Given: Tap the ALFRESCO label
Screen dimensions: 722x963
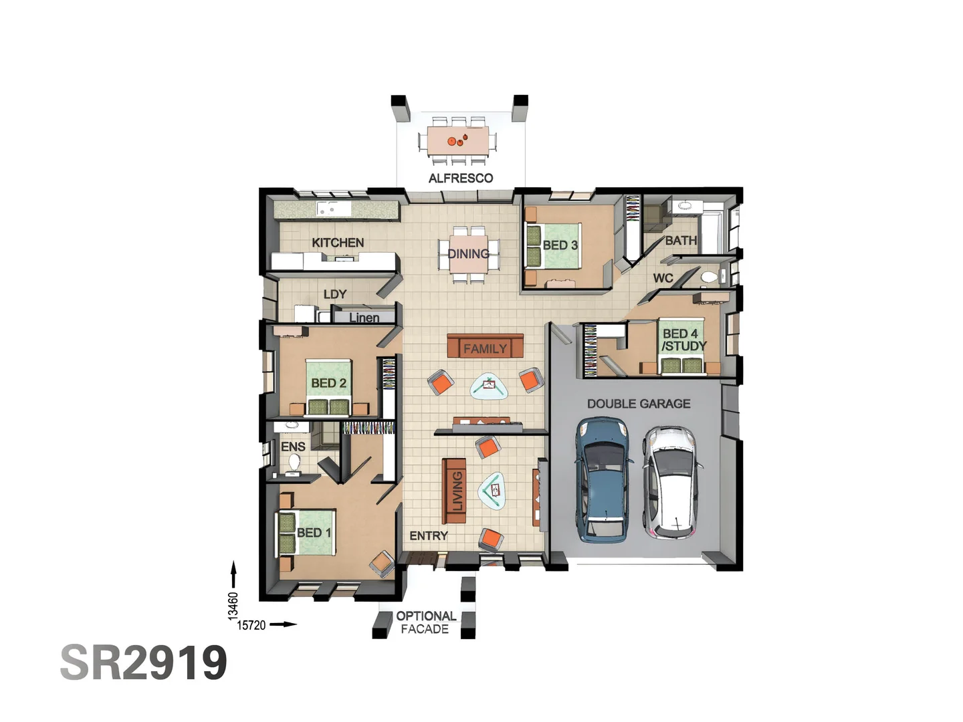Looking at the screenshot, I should [x=460, y=178].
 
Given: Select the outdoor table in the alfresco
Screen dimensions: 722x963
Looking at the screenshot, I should [x=457, y=140].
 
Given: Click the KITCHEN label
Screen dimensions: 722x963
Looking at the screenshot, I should [x=338, y=243].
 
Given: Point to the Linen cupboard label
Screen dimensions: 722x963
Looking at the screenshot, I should [x=364, y=318].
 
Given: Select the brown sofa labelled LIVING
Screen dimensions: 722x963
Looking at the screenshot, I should [x=454, y=491].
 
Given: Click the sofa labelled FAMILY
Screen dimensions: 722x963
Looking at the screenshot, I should [x=485, y=346].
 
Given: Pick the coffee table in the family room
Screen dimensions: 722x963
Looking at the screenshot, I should [x=490, y=386].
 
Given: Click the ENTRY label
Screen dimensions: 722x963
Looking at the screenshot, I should [x=429, y=535].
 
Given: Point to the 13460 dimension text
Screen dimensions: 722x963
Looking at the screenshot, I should [x=233, y=606].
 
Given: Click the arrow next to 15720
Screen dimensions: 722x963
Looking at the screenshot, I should [x=284, y=624].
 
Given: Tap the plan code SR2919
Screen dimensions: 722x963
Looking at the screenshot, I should [x=144, y=663].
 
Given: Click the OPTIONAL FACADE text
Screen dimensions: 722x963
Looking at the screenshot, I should [x=425, y=622].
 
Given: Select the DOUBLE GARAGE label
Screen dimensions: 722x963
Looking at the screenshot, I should [x=639, y=404].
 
